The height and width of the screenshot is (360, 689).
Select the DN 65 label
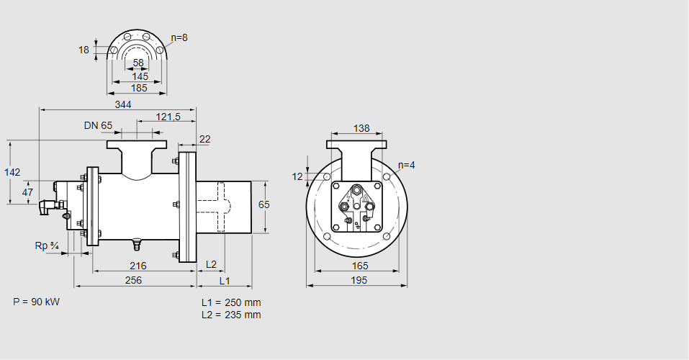click(x=98, y=125)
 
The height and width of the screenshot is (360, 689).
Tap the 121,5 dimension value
click(x=168, y=117)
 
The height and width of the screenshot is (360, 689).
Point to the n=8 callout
click(x=179, y=37)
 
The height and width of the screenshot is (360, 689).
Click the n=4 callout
click(x=407, y=165)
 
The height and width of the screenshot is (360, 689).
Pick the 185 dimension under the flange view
click(x=140, y=88)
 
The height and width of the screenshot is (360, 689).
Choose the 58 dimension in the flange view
click(x=138, y=63)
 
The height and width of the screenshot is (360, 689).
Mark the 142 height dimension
click(x=12, y=172)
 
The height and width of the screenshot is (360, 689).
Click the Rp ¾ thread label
click(x=47, y=246)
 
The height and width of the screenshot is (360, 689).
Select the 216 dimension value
click(x=138, y=266)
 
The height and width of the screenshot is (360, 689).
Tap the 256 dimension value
click(x=133, y=279)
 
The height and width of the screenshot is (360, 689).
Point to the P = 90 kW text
click(x=36, y=302)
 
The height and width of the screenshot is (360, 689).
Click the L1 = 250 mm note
click(x=231, y=302)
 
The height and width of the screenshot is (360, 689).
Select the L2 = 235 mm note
click(x=231, y=315)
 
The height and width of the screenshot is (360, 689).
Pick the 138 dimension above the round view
click(x=361, y=129)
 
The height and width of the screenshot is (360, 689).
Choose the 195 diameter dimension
click(x=358, y=279)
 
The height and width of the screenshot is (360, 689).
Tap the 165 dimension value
click(x=358, y=266)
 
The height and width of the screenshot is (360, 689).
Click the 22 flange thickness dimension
click(x=204, y=140)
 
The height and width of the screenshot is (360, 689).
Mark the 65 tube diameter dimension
click(x=264, y=205)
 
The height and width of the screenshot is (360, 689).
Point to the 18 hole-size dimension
click(x=84, y=50)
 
